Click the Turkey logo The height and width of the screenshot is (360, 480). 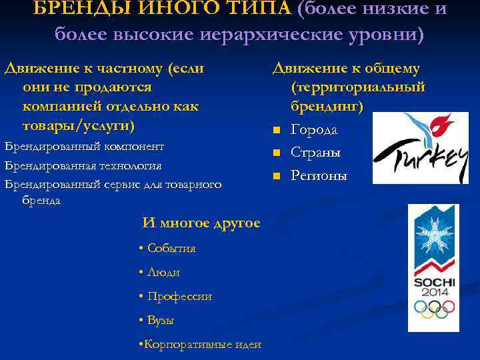coord(421,146)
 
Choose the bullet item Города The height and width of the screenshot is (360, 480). coord(314,129)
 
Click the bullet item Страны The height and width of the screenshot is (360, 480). coord(316,153)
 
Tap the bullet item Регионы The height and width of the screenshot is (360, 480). coord(319,176)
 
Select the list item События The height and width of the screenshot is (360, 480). coord(171,248)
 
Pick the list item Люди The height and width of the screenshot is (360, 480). coord(163,272)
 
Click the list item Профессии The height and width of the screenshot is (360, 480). coord(179,296)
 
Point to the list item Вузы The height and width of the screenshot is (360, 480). coord(161,320)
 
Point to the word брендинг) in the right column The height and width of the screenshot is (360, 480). coord(325,106)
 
